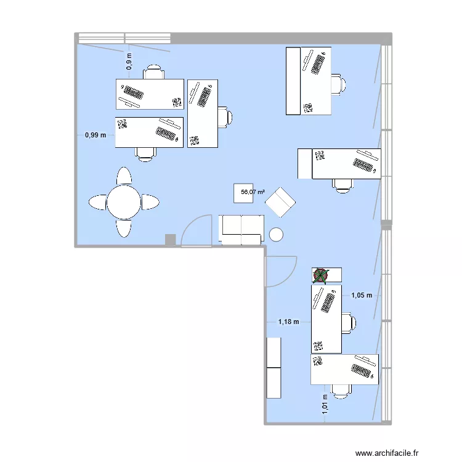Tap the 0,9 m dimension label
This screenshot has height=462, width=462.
click(129, 62)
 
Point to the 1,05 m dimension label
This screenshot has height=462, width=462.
click(362, 295)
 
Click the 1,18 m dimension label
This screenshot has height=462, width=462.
click(288, 322)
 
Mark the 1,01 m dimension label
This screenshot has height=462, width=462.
click(325, 407)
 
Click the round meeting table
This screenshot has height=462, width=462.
click(124, 201)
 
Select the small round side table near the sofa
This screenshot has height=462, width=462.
click(276, 234)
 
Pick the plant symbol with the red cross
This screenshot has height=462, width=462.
click(321, 276)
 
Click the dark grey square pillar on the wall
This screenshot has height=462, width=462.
click(170, 240)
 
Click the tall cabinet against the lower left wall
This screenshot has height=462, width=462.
click(273, 367)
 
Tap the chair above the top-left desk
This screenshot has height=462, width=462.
click(154, 72)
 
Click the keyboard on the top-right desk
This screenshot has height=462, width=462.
click(318, 63)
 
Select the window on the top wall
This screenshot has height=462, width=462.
click(123, 38)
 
